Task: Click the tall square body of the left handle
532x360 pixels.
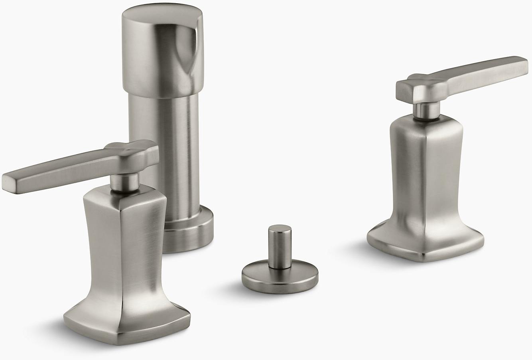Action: coord(120,247)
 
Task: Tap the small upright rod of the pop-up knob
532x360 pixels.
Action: coord(280,247)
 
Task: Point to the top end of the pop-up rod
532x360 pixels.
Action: coord(280,229)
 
